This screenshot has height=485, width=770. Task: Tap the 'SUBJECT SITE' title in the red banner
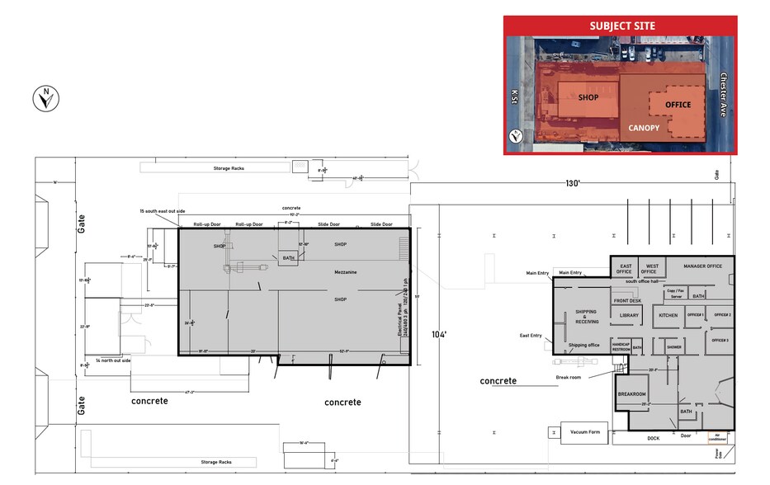pos(621,26)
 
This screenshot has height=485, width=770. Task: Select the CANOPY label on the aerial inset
pos(644,128)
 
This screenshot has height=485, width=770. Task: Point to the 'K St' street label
pos(514,97)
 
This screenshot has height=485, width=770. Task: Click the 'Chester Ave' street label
pos(724,95)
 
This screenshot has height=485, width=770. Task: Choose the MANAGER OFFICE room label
pos(702,266)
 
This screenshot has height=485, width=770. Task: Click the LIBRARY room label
pos(629,315)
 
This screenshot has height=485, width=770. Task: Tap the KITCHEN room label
pos(668,315)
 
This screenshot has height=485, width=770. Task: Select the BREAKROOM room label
pos(631,394)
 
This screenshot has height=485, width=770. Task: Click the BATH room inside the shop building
pos(289,258)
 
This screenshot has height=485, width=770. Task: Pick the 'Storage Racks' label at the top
pos(229,168)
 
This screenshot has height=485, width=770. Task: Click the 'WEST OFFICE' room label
pos(651,267)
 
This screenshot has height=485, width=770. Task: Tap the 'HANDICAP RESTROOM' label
pos(621,347)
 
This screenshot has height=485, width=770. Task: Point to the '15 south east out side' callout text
pos(163,212)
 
